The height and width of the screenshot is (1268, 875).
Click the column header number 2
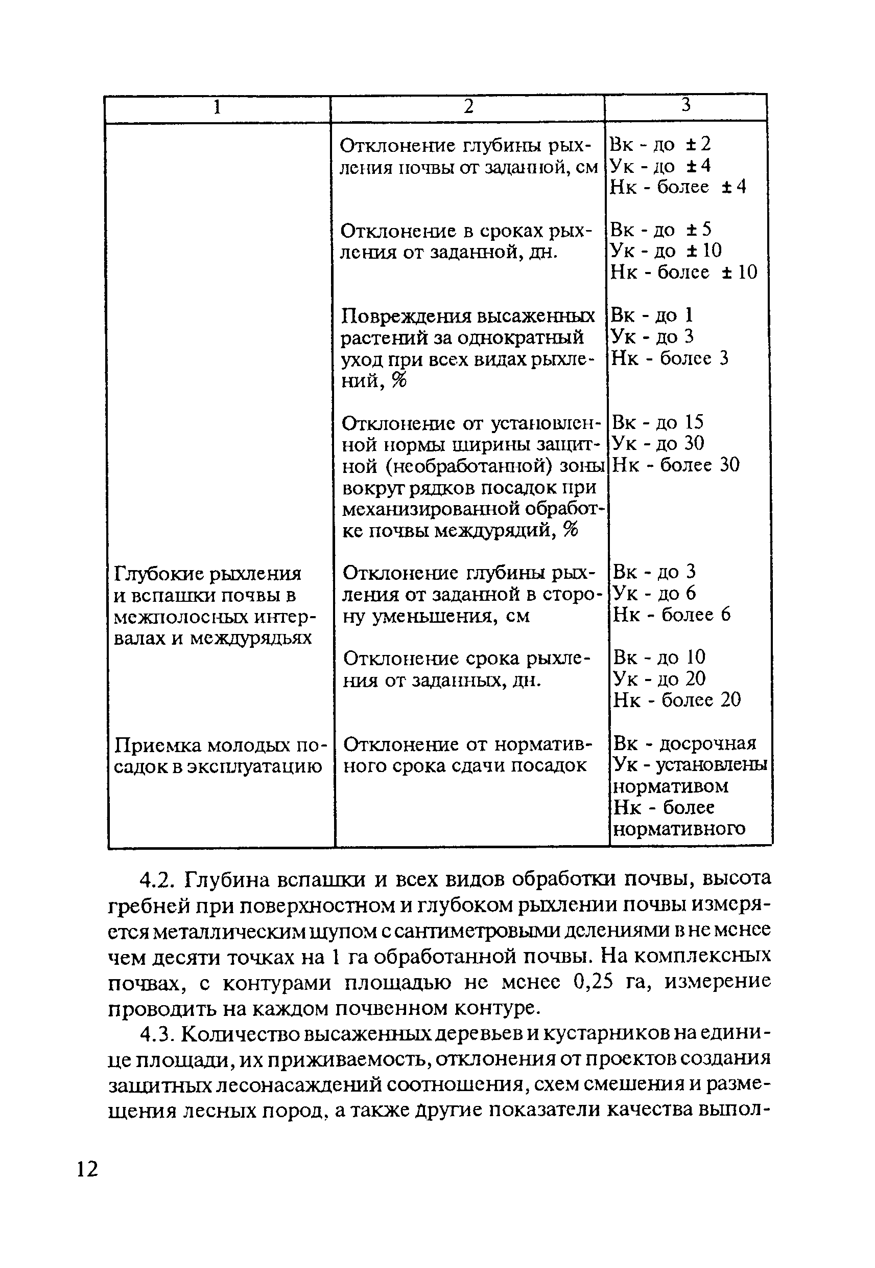[x=468, y=106]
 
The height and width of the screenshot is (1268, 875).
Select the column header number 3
[x=686, y=105]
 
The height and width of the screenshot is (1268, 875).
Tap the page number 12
[x=87, y=1169]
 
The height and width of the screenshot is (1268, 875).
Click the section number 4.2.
[x=157, y=879]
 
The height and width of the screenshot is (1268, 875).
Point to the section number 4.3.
[x=157, y=1034]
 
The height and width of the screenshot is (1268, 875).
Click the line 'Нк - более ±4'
[x=678, y=187]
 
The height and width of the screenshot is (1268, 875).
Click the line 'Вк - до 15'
[x=657, y=422]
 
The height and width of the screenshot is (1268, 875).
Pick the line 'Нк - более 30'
[x=675, y=465]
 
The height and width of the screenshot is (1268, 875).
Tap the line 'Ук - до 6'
[x=654, y=593]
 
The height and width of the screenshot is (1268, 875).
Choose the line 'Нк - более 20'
[x=676, y=699]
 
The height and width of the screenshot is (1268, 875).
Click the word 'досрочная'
[x=707, y=743]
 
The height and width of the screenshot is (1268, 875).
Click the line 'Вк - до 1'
[x=652, y=315]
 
